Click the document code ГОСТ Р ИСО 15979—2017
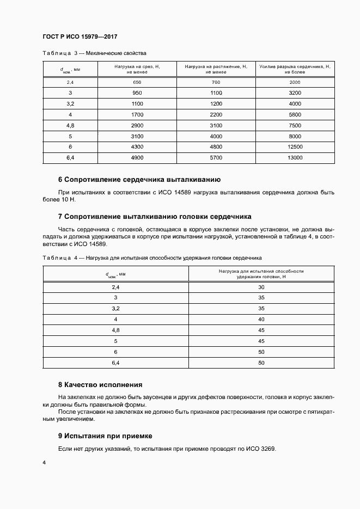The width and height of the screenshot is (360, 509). click(80, 37)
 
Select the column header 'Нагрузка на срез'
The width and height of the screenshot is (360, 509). click(137, 69)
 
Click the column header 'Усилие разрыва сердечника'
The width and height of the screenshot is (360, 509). click(295, 69)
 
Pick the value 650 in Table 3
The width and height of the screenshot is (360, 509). click(137, 82)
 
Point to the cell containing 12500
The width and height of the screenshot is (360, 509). click(295, 147)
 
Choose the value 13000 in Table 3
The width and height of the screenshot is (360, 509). click(295, 158)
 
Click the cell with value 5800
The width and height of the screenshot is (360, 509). click(295, 114)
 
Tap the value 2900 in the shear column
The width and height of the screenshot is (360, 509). click(137, 125)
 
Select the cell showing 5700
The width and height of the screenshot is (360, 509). click(216, 158)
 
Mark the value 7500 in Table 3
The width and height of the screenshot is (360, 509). click(295, 125)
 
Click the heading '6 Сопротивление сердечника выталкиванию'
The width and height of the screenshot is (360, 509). click(139, 179)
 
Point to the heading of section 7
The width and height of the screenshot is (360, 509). click(155, 216)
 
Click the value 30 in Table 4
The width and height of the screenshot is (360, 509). click(261, 287)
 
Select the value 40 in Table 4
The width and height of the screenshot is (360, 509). click(261, 319)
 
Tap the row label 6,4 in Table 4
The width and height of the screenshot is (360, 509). click(115, 363)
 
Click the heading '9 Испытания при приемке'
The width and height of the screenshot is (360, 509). click(105, 436)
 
